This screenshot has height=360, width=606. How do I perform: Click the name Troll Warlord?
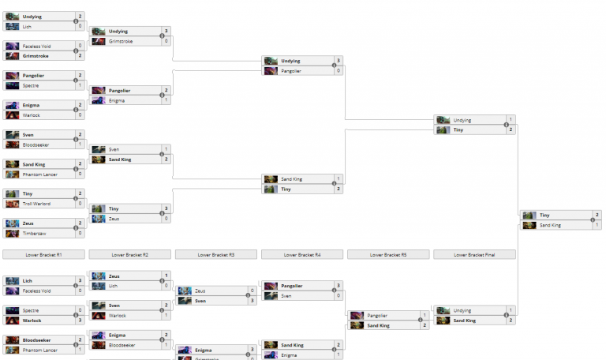point(37,204)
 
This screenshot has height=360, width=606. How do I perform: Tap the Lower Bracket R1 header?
point(43,255)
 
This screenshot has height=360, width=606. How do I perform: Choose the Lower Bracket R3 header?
point(215,255)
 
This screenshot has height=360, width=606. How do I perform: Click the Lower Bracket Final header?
point(474,255)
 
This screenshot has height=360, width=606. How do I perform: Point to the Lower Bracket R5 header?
point(388,255)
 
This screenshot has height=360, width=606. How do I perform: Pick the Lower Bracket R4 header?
point(301,255)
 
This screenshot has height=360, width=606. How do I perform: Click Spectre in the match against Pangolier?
point(31,85)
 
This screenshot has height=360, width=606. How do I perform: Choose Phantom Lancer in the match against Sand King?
point(39,174)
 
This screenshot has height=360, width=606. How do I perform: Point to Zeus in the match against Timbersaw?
point(28,223)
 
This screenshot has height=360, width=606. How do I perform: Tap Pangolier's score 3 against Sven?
point(339,285)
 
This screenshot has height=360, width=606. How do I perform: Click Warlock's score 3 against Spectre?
point(80,321)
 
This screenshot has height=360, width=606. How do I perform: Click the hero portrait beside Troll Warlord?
point(13,204)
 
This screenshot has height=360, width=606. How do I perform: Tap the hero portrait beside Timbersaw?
point(13,234)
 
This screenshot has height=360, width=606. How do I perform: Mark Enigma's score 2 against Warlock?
point(80,105)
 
